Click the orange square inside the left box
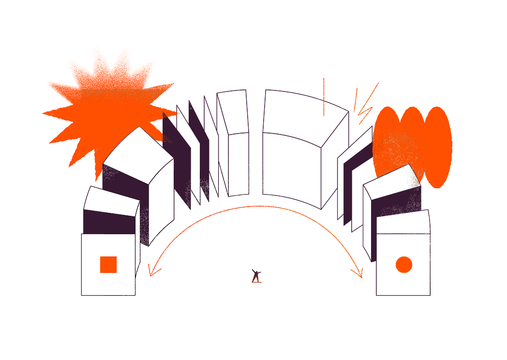pyautogui.click(x=108, y=265)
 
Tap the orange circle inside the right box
pyautogui.click(x=403, y=265)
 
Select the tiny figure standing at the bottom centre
pyautogui.click(x=255, y=276)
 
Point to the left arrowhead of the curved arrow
pyautogui.click(x=151, y=273)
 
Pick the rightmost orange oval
pyautogui.click(x=438, y=147)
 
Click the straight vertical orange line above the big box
pyautogui.click(x=324, y=97)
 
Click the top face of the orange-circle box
pyautogui.click(x=403, y=222)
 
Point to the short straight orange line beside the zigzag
pyautogui.click(x=356, y=99)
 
